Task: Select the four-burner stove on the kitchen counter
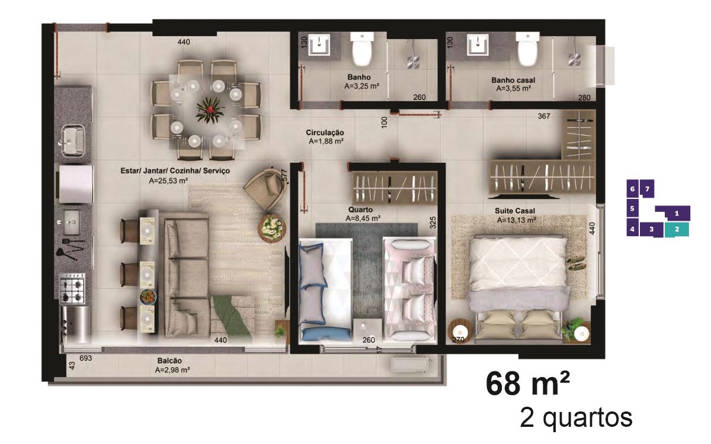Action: tap(72, 289)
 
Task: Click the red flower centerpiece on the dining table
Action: tap(210, 110)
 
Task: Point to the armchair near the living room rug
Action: tap(265, 189)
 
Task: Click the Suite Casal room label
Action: tap(514, 211)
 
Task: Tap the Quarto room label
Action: tap(360, 210)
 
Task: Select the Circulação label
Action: tap(325, 133)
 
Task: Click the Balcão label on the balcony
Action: tap(169, 361)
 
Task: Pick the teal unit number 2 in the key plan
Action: tap(677, 229)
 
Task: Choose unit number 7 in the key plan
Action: tap(647, 189)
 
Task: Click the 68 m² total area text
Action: tap(527, 384)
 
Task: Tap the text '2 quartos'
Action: tap(576, 419)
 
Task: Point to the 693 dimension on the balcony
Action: tap(86, 358)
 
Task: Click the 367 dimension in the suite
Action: tap(544, 116)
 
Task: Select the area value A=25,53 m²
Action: tap(168, 181)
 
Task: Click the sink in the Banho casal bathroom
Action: tap(478, 45)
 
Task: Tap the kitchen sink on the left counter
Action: tap(73, 140)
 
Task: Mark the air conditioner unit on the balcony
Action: tap(411, 365)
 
